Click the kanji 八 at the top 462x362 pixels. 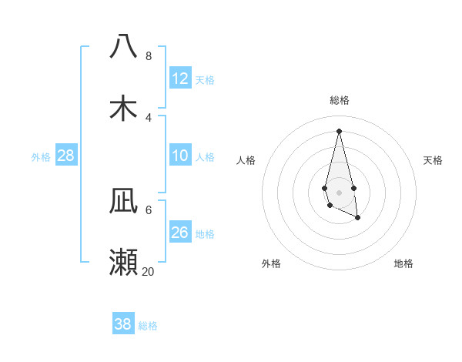click(x=124, y=46)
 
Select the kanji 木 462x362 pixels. click(x=124, y=108)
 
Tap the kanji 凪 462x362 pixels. click(x=124, y=200)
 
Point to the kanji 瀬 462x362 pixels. click(x=124, y=262)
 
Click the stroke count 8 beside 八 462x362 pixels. click(x=148, y=55)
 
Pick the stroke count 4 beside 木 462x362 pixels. click(x=148, y=117)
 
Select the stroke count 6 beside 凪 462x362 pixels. click(x=148, y=209)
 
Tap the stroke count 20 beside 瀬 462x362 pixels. click(x=148, y=271)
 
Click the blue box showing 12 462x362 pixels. click(x=180, y=79)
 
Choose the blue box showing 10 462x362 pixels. click(x=180, y=156)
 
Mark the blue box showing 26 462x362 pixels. click(x=180, y=233)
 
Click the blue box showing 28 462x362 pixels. click(x=66, y=156)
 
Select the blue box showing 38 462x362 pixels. click(x=123, y=324)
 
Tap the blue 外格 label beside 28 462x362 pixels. click(x=41, y=157)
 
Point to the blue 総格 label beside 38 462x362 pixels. click(x=148, y=326)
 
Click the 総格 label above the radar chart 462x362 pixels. click(x=340, y=100)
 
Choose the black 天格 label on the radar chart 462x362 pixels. click(x=434, y=160)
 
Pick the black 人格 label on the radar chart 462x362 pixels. click(x=246, y=160)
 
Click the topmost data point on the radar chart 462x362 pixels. click(x=339, y=130)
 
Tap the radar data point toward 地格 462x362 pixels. click(x=358, y=219)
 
